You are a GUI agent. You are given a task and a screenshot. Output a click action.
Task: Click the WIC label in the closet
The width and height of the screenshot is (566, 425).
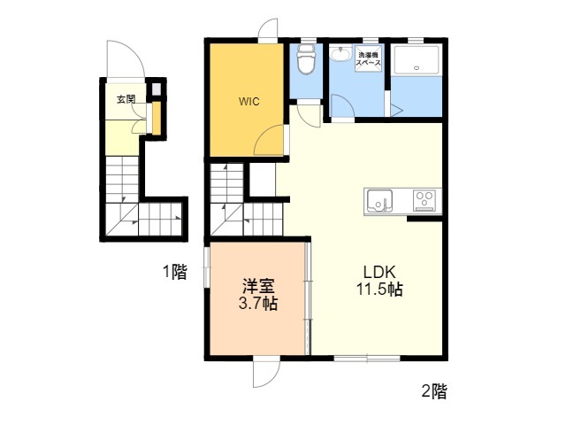click(249, 102)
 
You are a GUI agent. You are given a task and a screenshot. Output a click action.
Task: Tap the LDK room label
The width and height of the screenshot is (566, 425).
click(379, 272)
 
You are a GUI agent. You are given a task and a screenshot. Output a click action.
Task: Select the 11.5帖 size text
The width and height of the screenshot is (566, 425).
click(379, 290)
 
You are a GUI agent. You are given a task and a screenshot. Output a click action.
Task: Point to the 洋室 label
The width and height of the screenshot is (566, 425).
click(258, 286)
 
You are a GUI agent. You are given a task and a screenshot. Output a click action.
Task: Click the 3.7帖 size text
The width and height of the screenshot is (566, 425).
click(258, 304)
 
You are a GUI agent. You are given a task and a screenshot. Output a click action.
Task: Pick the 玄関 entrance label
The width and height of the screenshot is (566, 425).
click(126, 99)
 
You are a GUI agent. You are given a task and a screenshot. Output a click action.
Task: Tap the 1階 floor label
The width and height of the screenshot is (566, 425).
click(175, 272)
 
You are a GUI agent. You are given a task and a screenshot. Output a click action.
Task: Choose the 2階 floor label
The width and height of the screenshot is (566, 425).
click(434, 391)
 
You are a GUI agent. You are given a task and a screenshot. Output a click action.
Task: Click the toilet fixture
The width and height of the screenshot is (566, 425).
click(306, 59)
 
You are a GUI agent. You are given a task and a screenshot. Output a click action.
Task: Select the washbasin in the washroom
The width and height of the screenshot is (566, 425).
click(340, 55)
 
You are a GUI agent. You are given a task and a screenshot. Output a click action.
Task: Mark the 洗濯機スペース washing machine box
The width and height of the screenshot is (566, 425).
click(368, 59)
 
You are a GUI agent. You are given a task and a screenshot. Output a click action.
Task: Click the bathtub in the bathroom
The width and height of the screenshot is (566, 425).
click(417, 60)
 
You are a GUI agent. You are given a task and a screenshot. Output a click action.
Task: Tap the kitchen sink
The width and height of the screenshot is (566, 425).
click(379, 201)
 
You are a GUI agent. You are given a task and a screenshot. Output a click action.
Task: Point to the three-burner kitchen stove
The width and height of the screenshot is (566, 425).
click(424, 200)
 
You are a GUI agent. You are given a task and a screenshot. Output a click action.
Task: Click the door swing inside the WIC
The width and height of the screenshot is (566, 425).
click(269, 140)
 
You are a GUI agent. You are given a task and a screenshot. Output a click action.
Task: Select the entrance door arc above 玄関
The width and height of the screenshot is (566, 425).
click(126, 59)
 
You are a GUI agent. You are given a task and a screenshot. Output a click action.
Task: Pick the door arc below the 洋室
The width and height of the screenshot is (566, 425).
click(267, 375)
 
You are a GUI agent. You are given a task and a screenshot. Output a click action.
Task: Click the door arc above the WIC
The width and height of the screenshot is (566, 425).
click(268, 28)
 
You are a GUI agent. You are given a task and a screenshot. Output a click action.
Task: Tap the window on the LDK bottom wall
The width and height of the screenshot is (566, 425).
click(367, 359)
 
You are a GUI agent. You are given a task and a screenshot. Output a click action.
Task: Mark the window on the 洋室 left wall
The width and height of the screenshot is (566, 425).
click(207, 267)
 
